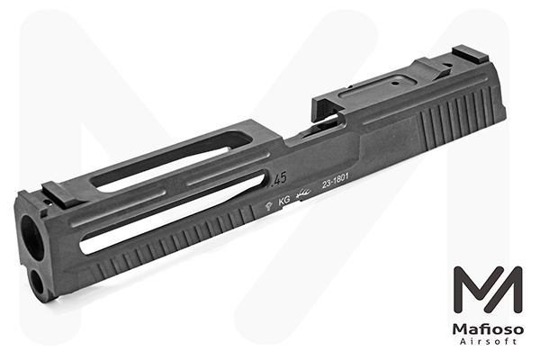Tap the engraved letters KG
(x=284, y=202)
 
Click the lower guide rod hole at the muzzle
(x=39, y=281)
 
